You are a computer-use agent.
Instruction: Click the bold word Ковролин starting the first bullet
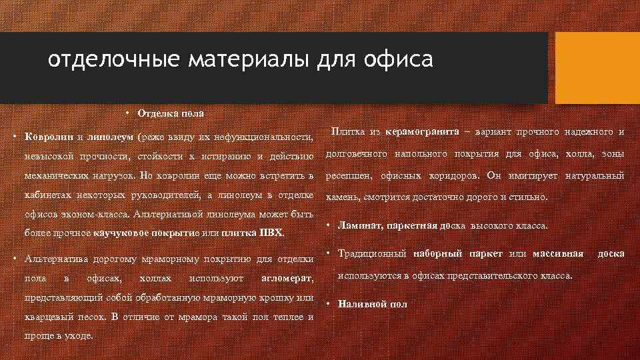click(x=49, y=137)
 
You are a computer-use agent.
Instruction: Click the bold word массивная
click(x=557, y=253)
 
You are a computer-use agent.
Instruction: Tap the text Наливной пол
click(x=373, y=304)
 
